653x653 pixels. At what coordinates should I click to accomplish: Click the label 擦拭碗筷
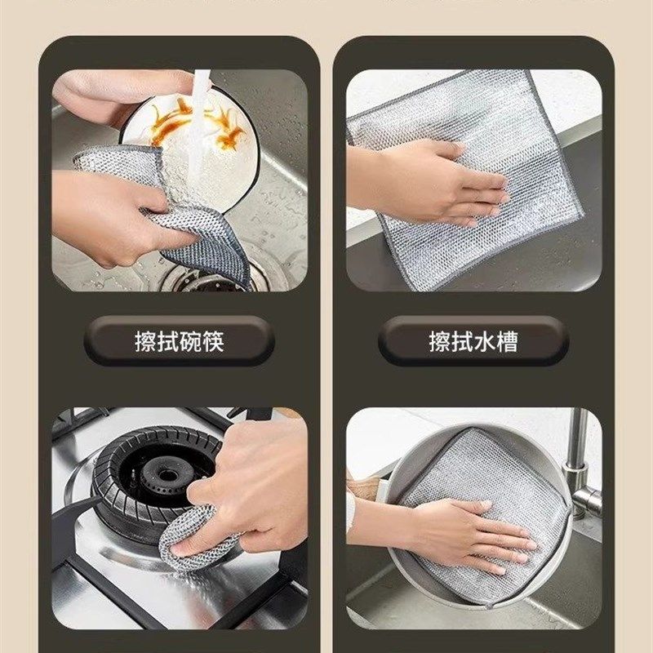click(179, 341)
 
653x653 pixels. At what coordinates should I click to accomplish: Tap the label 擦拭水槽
click(473, 341)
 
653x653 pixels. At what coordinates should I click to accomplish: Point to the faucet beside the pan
click(580, 465)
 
